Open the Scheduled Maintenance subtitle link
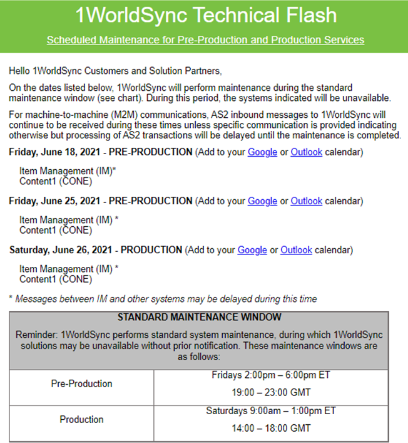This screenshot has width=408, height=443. coord(205,40)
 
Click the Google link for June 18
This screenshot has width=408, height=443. coord(262,152)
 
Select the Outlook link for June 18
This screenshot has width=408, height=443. coord(306,152)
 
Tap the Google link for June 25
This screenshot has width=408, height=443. coord(262,201)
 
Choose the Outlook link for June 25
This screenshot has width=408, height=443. coord(306,201)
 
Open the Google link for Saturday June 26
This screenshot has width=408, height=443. coord(252,250)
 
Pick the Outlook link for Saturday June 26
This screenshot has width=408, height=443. coord(296,250)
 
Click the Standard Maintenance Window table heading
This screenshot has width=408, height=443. coord(199,318)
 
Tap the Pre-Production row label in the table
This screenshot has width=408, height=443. coord(81,383)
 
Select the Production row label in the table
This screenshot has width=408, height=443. coord(81,419)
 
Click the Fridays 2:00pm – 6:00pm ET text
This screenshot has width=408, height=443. coord(271,375)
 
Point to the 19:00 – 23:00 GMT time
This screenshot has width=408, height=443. coord(271,393)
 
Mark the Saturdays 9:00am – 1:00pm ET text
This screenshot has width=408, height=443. coord(271,411)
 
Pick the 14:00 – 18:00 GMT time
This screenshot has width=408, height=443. coord(271,429)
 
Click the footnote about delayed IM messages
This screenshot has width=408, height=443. coord(163,299)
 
